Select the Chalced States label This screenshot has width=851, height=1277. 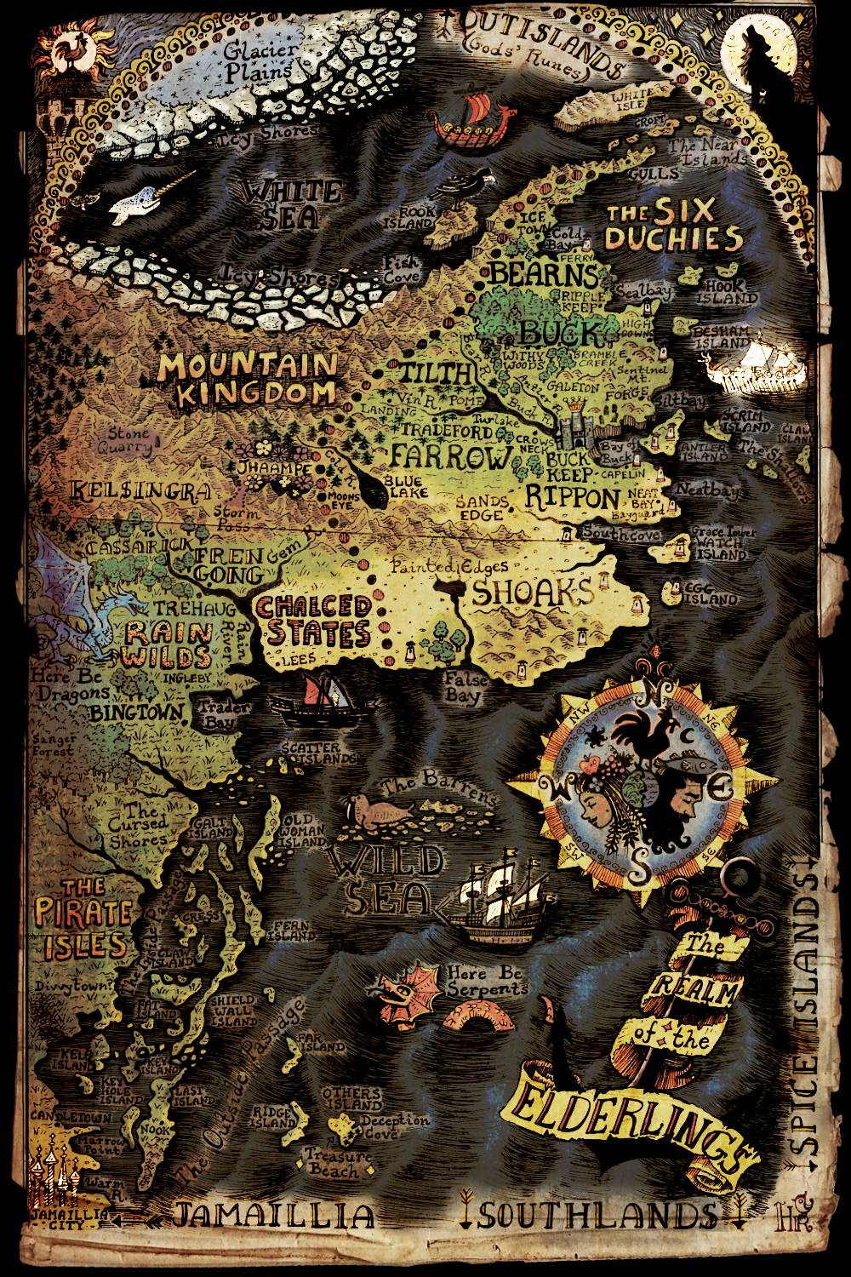[x=315, y=620]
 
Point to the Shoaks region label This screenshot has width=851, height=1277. [x=532, y=593]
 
